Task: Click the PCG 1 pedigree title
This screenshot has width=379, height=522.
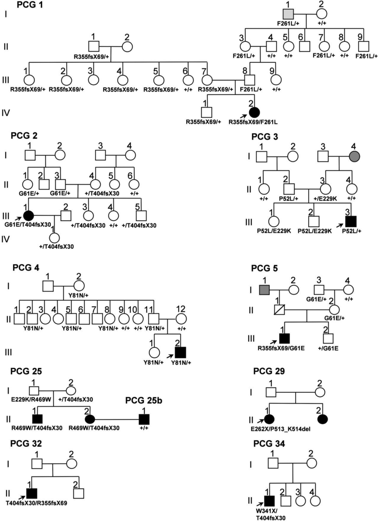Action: (30, 5)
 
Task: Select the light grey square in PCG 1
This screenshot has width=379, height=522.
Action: (288, 14)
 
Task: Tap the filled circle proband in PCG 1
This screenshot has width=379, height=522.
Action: (254, 112)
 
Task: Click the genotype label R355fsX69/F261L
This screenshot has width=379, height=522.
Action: (253, 122)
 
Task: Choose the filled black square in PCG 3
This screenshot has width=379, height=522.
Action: (351, 221)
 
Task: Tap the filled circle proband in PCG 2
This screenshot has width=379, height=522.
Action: (28, 216)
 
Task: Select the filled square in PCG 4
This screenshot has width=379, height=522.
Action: (180, 352)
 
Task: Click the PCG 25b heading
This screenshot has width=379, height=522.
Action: (144, 400)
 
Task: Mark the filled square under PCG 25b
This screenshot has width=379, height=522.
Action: (144, 419)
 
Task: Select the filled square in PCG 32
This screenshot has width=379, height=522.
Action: (32, 493)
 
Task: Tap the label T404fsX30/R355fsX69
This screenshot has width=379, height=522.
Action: (36, 503)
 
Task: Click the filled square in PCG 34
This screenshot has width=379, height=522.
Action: (269, 501)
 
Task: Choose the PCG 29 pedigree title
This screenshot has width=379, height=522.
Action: (269, 371)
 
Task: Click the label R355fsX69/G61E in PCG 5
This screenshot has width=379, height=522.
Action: (281, 348)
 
